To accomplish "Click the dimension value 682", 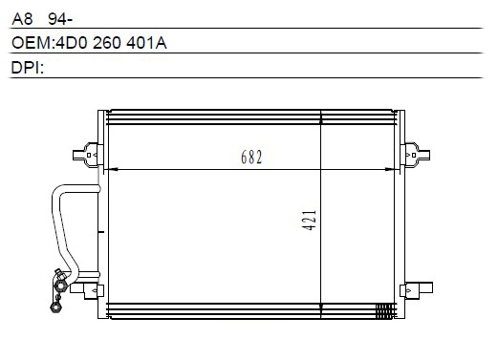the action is [251, 157].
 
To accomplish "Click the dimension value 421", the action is [309, 220].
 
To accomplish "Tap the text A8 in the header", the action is [22, 19].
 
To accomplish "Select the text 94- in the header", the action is [60, 19].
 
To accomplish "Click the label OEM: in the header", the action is [33, 43].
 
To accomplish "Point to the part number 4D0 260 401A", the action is [111, 43].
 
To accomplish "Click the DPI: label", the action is [28, 68].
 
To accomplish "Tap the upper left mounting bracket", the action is [88, 155].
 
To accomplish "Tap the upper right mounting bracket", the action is [415, 155].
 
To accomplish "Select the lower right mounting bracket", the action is [416, 290].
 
